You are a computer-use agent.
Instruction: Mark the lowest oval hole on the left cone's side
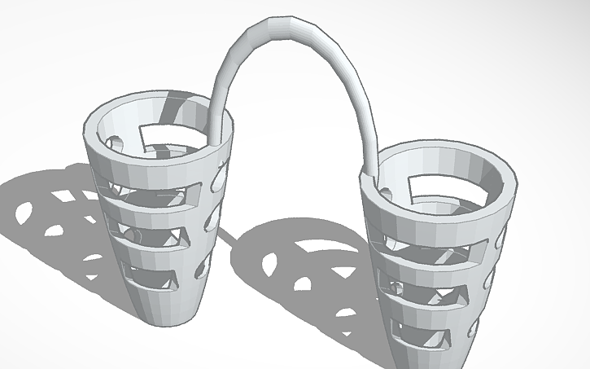tap(203, 265)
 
